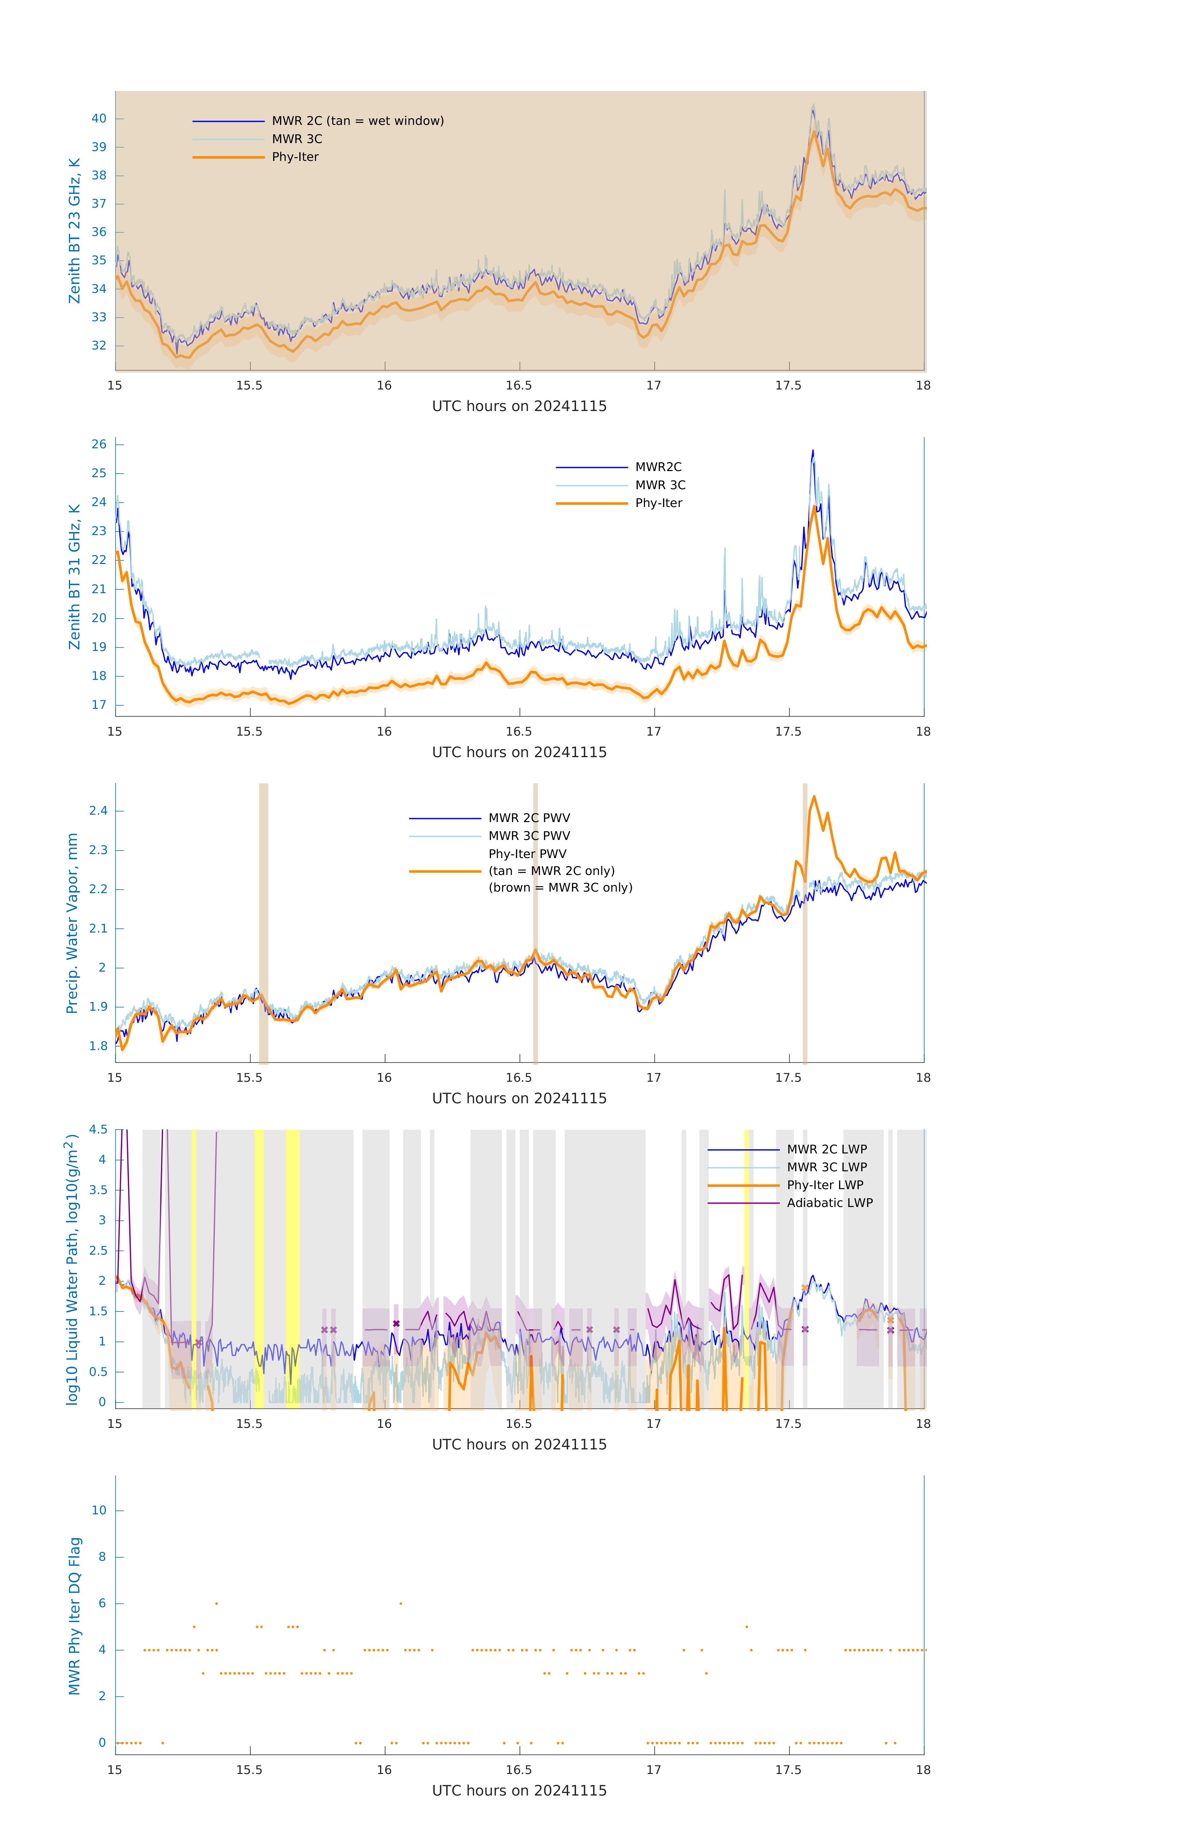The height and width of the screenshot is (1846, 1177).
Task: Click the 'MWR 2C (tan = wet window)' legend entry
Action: tap(357, 121)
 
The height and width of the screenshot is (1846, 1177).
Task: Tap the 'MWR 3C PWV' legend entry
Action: tap(529, 836)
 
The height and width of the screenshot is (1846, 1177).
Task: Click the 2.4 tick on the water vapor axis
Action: tap(98, 811)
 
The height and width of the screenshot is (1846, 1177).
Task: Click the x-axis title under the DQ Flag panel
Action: tap(519, 1791)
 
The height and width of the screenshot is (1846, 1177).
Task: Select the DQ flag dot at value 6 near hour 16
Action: tap(400, 1603)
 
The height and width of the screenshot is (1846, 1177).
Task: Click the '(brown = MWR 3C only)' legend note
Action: tap(561, 888)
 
